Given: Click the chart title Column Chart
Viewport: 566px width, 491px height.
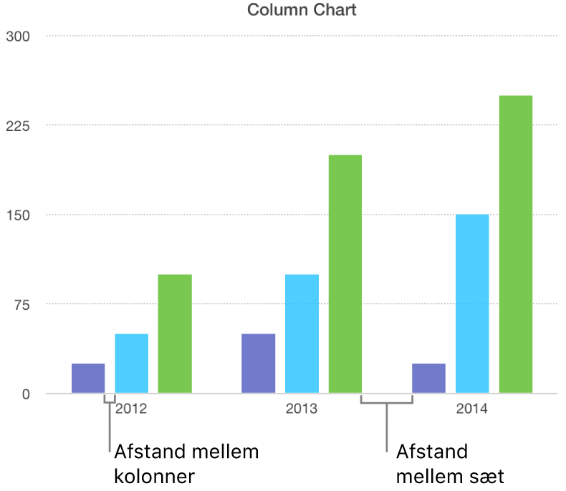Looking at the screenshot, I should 301,10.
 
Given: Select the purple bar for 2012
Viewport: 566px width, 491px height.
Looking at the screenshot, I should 88,379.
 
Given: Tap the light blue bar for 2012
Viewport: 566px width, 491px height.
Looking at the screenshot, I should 131,364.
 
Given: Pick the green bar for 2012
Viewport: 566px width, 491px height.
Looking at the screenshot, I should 175,334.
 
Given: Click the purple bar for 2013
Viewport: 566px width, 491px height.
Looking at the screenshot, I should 258,364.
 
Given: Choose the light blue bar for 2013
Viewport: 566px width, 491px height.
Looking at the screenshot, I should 302,334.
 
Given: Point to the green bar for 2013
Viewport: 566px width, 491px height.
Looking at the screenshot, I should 345,274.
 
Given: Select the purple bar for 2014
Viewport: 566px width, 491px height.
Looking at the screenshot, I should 428,379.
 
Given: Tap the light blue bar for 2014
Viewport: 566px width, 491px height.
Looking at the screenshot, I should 472,304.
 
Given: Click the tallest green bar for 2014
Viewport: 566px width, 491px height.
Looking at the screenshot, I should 516,245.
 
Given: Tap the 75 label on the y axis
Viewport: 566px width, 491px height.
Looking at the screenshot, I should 19,305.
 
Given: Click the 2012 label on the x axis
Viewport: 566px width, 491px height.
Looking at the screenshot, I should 131,410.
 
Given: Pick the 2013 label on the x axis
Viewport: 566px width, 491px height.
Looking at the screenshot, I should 302,410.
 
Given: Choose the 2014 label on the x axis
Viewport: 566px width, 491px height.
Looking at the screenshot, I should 472,410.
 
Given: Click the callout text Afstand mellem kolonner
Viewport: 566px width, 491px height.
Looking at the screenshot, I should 186,464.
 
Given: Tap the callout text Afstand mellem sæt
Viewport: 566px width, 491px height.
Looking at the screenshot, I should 449,464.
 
